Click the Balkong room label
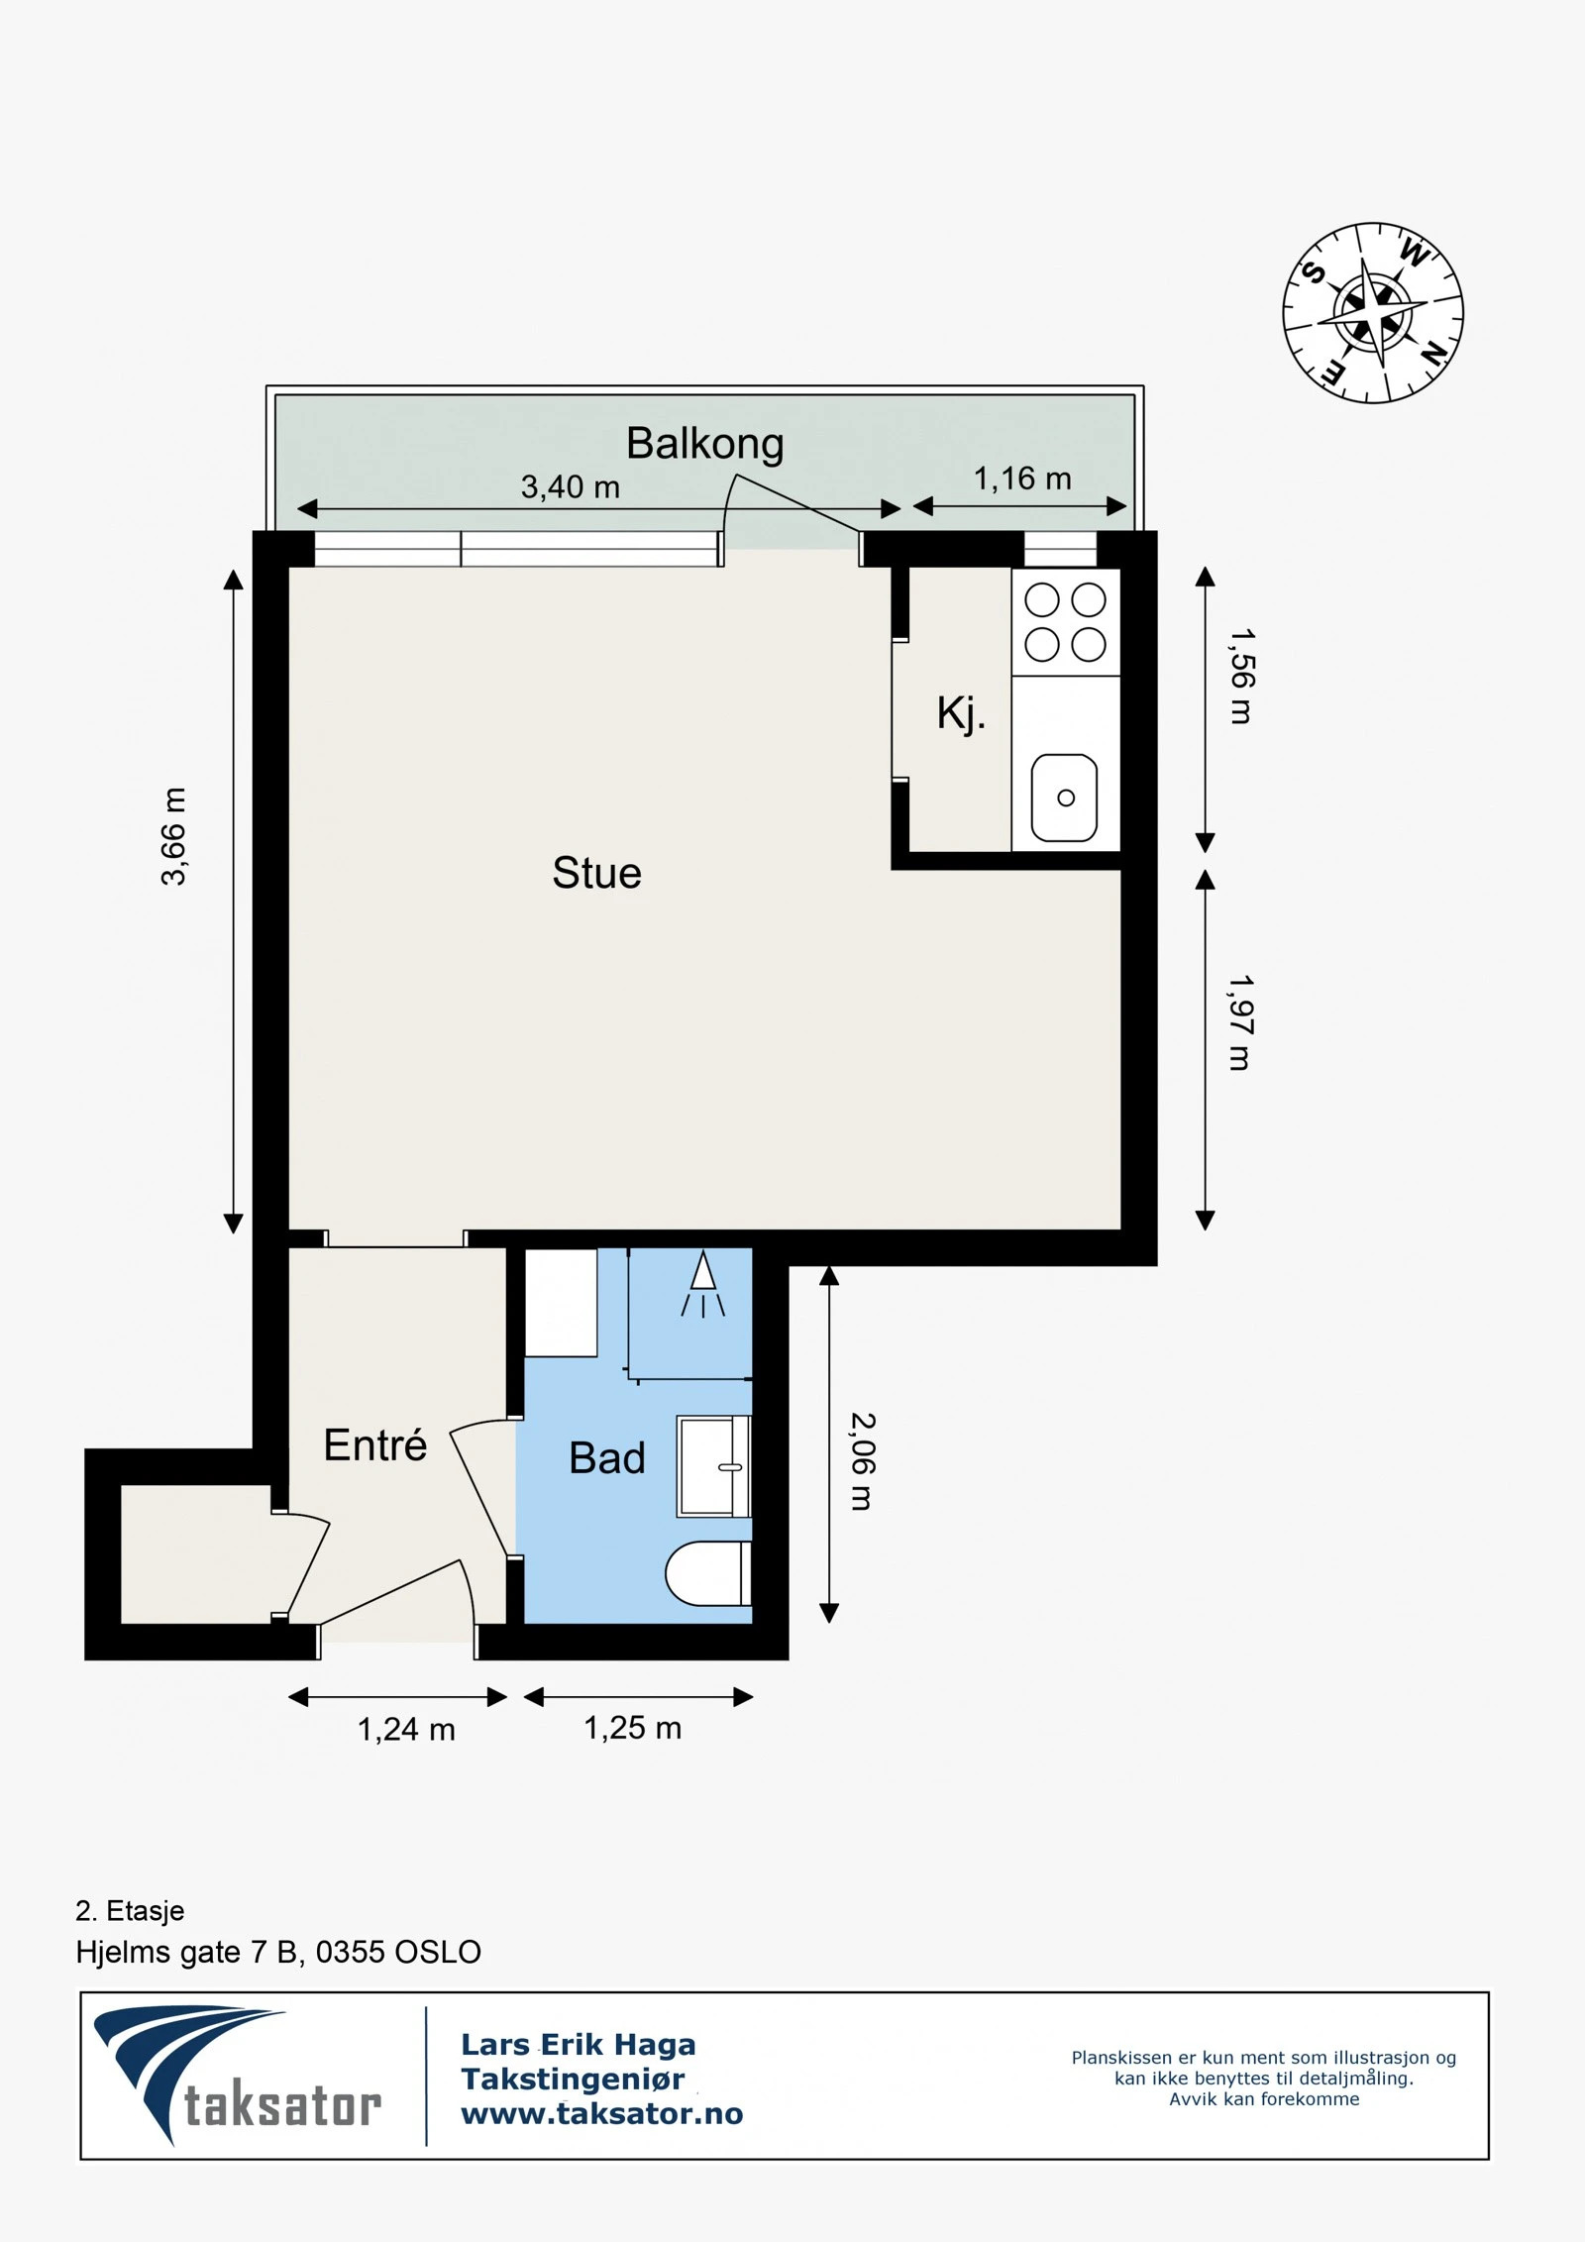[x=704, y=445]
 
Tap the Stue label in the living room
[x=596, y=873]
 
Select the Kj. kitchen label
[x=961, y=712]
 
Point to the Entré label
[x=374, y=1444]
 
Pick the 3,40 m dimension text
[x=570, y=486]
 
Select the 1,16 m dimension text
[x=1022, y=479]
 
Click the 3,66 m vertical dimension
[x=173, y=836]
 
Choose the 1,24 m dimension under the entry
[x=406, y=1729]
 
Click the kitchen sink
[x=1064, y=798]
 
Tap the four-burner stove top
[x=1066, y=622]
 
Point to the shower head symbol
[x=702, y=1284]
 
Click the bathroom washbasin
[x=713, y=1466]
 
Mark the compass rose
[x=1373, y=313]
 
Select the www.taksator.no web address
[x=601, y=2113]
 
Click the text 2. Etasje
[x=130, y=1910]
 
